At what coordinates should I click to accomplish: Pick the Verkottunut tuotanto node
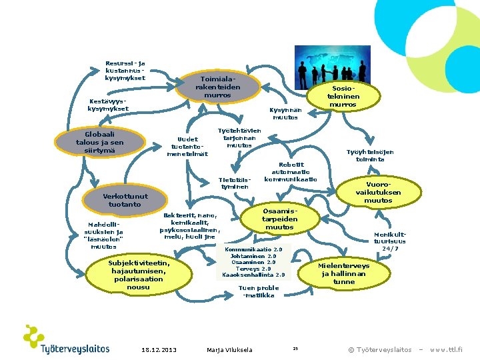125,200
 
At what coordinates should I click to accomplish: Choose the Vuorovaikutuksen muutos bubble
378,192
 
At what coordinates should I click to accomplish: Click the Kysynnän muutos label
285,113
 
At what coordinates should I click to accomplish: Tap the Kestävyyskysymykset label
109,105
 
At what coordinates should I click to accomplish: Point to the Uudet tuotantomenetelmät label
187,146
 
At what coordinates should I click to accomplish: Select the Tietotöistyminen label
235,183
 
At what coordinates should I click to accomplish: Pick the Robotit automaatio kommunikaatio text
291,172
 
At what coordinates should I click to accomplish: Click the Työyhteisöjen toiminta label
370,155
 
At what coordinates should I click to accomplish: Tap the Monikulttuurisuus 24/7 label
390,241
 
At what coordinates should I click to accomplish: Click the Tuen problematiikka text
259,292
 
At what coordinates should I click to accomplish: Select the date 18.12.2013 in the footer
159,349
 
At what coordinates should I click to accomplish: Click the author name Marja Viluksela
229,349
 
